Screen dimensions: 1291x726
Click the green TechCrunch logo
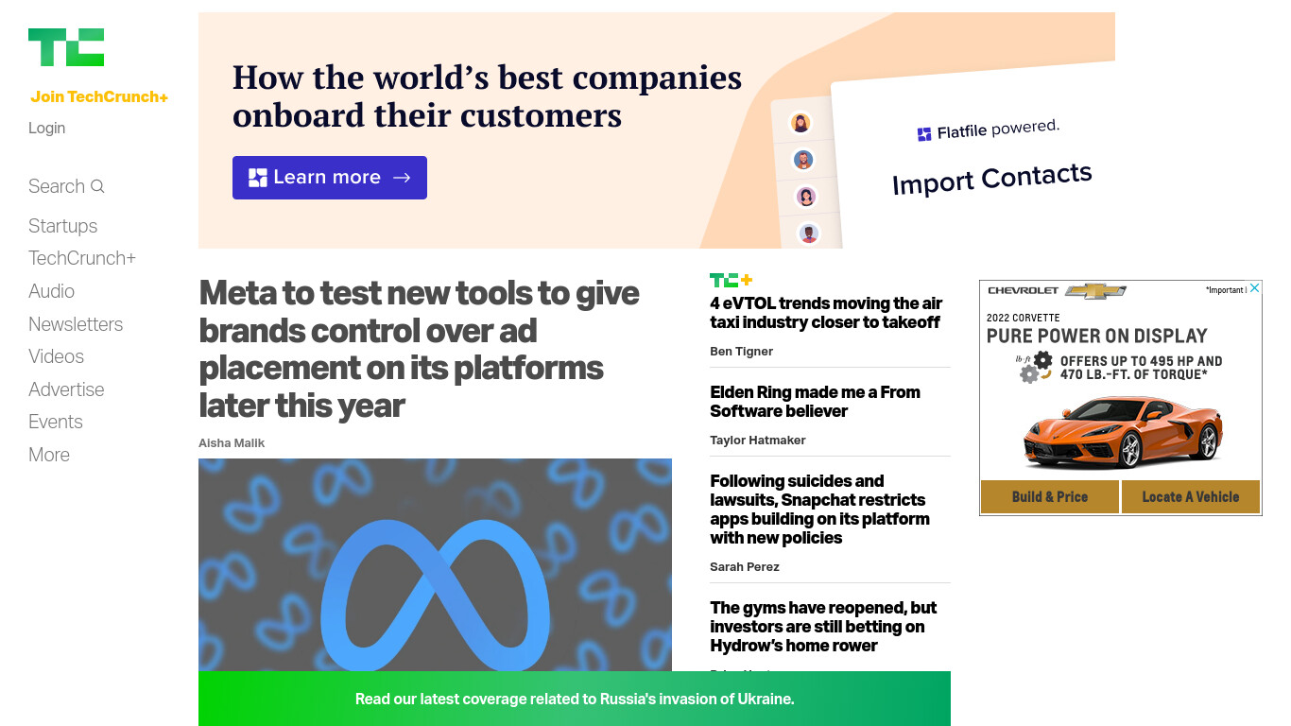(66, 47)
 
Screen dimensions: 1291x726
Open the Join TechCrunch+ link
(99, 96)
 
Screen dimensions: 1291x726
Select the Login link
(46, 128)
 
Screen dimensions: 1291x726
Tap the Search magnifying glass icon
(97, 186)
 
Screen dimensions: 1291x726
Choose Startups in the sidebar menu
(62, 226)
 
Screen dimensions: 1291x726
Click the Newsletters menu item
(76, 324)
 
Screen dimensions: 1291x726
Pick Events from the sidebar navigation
(56, 422)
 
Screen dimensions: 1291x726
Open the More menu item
(49, 455)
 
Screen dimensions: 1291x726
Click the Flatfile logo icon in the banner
(924, 134)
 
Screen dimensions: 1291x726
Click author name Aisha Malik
(232, 442)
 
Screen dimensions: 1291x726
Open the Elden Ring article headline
(815, 402)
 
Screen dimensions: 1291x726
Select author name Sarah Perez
(744, 567)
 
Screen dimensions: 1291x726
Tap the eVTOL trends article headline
(826, 313)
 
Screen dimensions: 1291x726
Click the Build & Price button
(1049, 496)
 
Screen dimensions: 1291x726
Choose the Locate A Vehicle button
(1190, 496)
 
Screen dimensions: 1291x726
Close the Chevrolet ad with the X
(1254, 287)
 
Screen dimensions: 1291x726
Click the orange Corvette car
(1123, 431)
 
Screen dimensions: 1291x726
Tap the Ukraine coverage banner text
(575, 699)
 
